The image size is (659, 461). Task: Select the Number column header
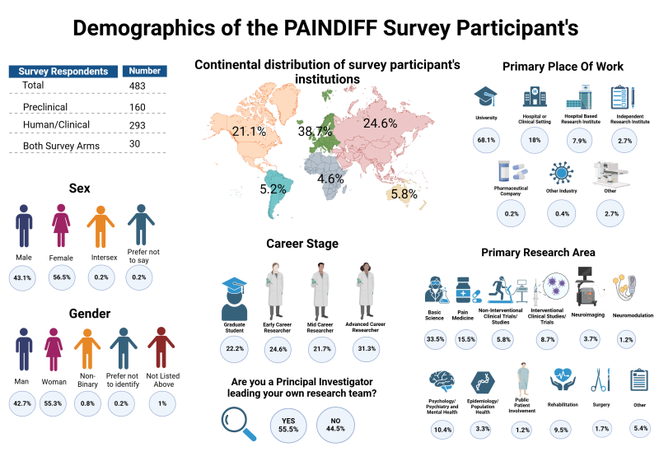click(145, 71)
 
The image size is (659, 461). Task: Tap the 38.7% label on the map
click(315, 131)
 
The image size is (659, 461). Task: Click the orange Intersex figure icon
click(101, 227)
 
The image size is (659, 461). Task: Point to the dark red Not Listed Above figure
click(160, 351)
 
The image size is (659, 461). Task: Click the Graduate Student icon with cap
click(235, 298)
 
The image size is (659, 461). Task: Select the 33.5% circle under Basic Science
click(436, 338)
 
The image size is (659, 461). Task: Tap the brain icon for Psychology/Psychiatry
click(442, 383)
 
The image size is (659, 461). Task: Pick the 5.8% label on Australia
click(404, 194)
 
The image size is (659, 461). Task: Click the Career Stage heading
click(301, 244)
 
